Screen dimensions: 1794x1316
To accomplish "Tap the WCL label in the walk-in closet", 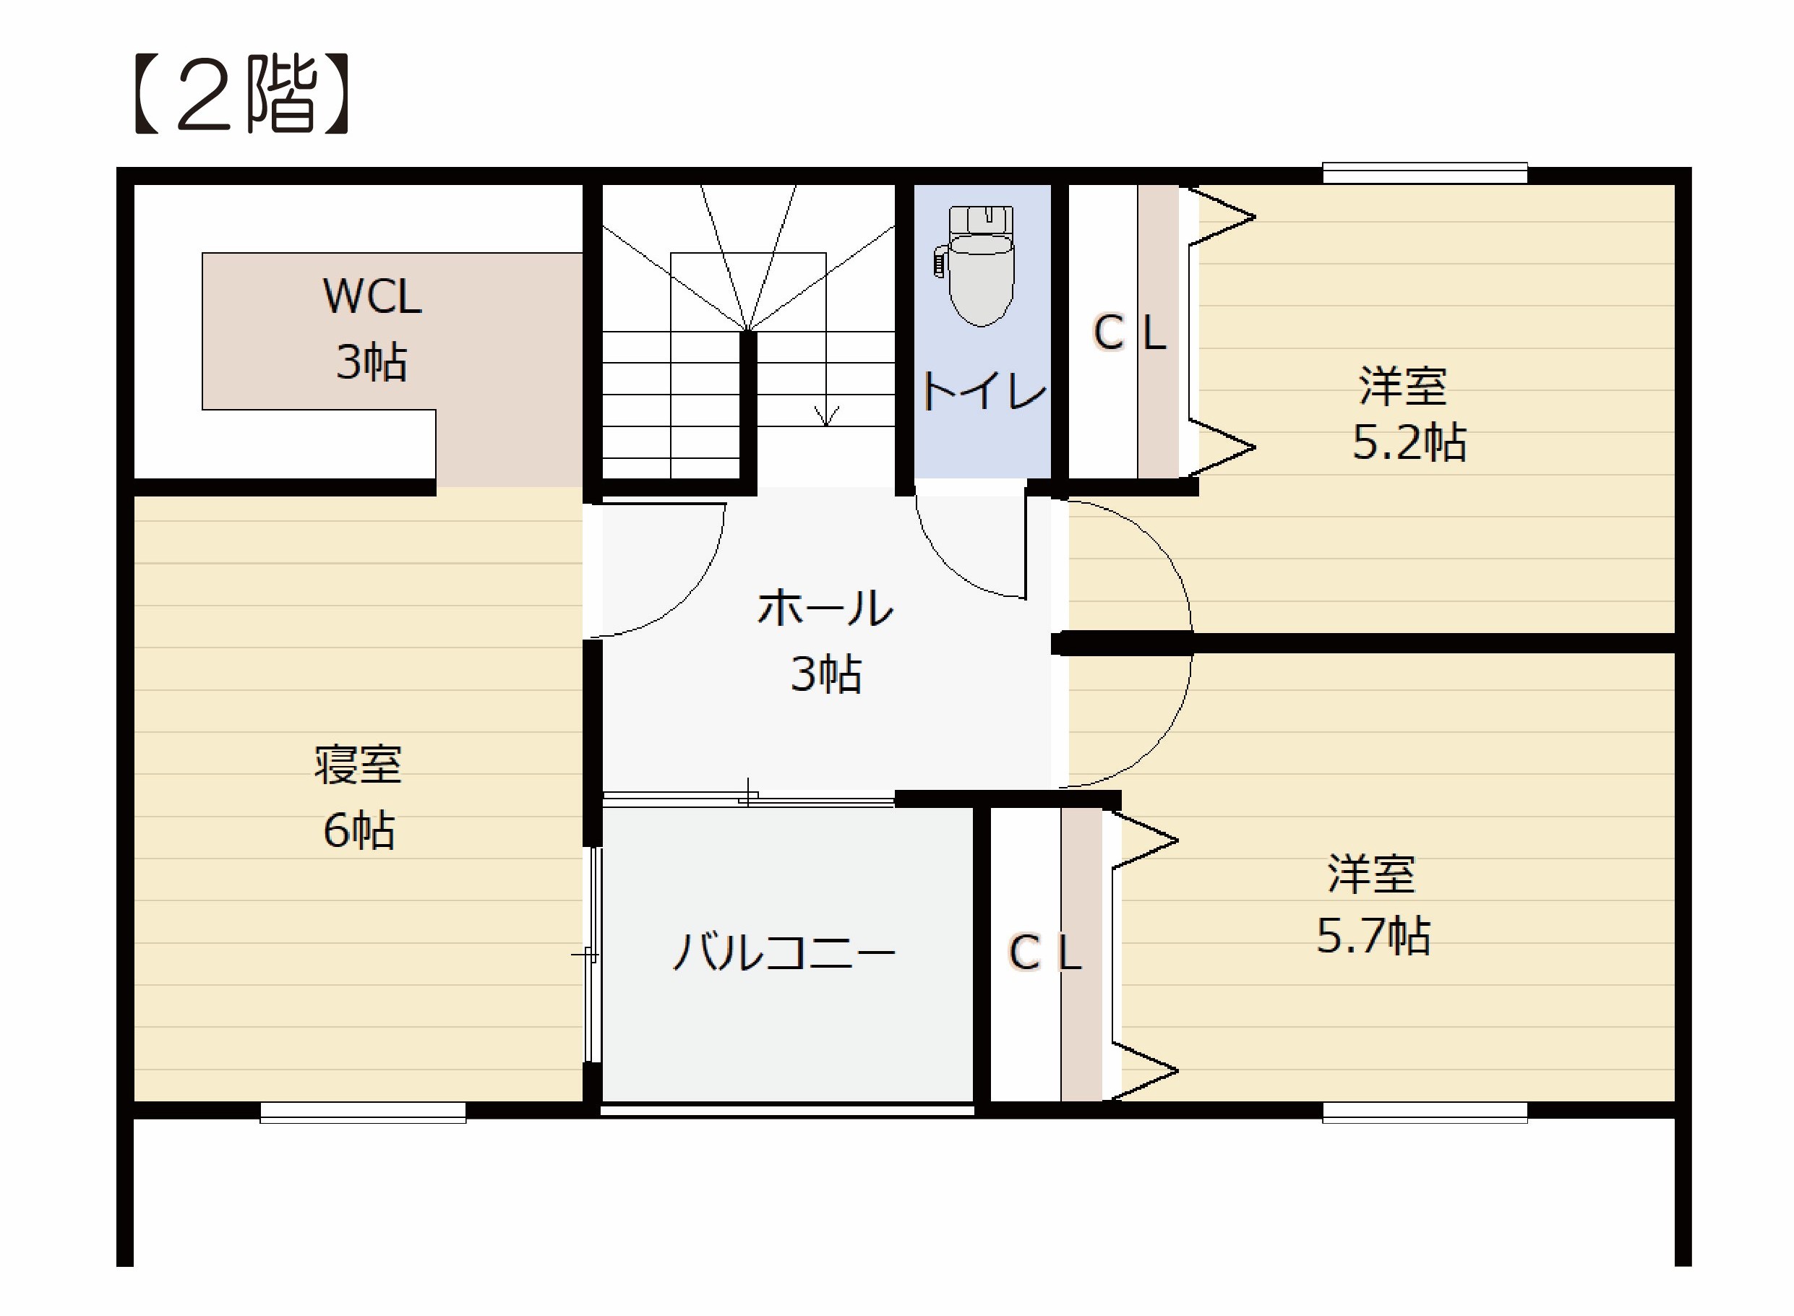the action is pos(372,296).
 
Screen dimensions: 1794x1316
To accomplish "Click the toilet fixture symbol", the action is pos(977,265).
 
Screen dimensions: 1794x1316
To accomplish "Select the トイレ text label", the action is pos(983,391).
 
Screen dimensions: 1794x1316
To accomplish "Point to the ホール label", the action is pos(825,608).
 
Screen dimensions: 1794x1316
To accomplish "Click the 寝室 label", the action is pos(358,765).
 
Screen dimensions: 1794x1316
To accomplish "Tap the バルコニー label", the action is pos(784,952).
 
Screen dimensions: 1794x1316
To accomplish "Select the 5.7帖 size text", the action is pos(1373,936).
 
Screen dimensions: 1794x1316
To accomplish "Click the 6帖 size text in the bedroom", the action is pos(359,830).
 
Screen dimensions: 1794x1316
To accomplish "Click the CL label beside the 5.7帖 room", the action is pos(1045,952).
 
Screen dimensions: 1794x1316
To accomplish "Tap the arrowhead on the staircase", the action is pos(826,416).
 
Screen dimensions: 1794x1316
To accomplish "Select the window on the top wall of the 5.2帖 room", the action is pos(1425,173).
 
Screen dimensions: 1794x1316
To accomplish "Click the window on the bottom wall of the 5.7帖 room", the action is pos(1425,1113).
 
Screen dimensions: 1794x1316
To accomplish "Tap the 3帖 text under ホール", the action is pos(825,674).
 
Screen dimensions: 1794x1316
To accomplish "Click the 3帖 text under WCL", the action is pos(372,363).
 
